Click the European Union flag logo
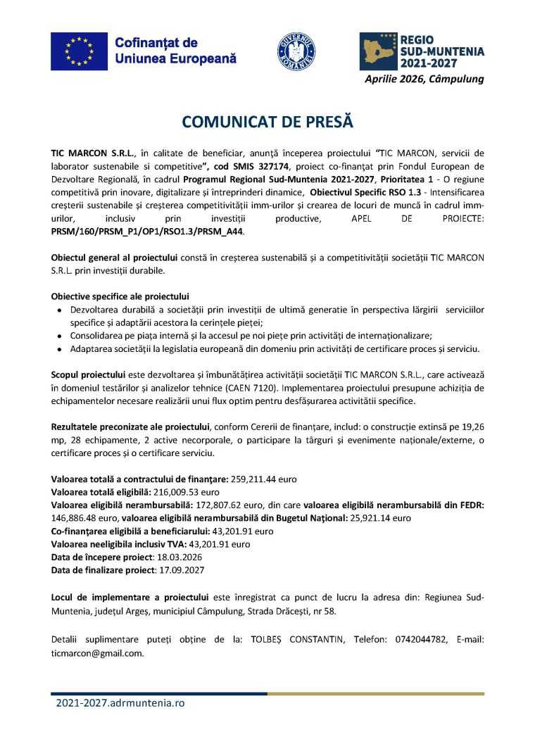(79, 51)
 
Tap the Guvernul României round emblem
(296, 51)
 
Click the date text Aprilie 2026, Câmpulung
(424, 79)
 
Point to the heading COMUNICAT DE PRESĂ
(267, 122)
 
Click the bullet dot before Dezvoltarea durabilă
(59, 310)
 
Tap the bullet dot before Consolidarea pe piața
(59, 336)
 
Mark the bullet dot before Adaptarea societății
(59, 349)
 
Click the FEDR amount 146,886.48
(76, 517)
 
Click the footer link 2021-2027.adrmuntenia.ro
(120, 703)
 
